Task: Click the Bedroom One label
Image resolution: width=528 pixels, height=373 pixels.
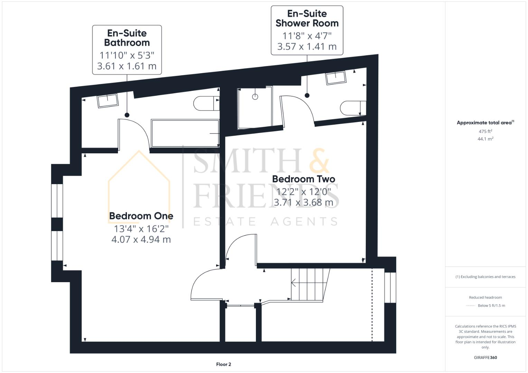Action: pos(141,216)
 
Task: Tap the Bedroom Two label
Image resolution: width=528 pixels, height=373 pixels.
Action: pos(303,179)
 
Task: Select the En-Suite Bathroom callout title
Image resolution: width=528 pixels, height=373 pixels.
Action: pos(127,38)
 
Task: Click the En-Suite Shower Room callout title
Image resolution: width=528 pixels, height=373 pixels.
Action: pos(307,19)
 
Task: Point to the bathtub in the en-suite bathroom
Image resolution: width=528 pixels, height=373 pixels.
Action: pos(185,133)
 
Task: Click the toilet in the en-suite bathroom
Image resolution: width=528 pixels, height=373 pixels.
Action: pos(205,103)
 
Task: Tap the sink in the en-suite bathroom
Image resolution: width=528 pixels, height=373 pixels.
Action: pos(108,101)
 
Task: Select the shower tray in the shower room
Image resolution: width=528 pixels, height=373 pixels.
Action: pos(255,108)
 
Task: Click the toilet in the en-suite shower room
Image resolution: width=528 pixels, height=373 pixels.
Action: pos(352,108)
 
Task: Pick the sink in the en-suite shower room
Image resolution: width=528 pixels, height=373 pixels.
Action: pos(335,77)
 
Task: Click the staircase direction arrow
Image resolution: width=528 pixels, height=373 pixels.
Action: pos(294,283)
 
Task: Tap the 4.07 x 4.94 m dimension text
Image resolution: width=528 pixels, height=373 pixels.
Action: pos(141,239)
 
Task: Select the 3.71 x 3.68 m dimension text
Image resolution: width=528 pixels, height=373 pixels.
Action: pos(303,202)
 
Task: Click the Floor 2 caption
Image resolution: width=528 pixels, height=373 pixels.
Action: pos(223,364)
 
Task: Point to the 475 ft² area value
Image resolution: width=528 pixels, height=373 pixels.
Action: pos(485,131)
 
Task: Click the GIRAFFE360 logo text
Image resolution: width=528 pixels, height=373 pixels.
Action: pos(485,357)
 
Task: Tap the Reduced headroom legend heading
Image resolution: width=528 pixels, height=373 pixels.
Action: pos(485,297)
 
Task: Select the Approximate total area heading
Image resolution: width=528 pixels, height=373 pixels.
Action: pos(485,123)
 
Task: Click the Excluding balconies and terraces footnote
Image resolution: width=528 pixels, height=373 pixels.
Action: pos(485,277)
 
